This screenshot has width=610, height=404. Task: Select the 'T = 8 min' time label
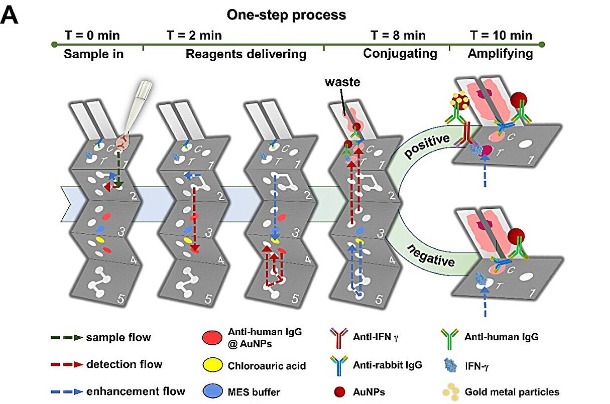coord(398,35)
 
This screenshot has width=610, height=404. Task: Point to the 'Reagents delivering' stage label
coord(246,54)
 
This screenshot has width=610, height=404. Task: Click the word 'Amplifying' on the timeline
coord(500,54)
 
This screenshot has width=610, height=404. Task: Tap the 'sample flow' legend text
coord(118,337)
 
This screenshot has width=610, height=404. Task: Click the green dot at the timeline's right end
coord(542,45)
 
